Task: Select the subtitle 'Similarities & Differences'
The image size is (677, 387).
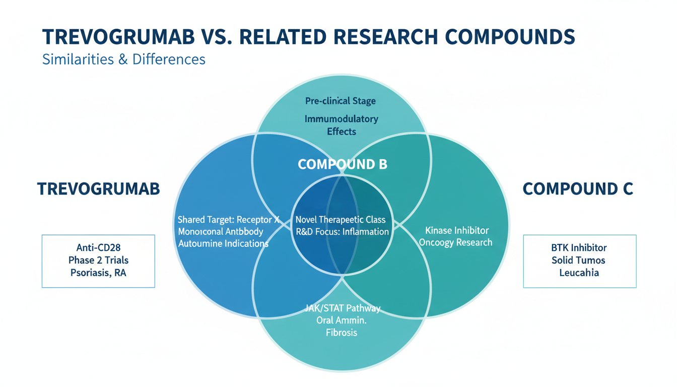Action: click(x=124, y=59)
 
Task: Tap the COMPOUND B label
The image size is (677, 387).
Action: click(x=343, y=164)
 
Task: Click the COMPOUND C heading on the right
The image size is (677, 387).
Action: click(x=578, y=189)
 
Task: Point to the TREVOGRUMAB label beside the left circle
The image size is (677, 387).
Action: click(x=98, y=189)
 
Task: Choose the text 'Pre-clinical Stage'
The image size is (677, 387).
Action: click(x=341, y=101)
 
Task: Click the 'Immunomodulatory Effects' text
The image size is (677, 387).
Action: click(x=342, y=125)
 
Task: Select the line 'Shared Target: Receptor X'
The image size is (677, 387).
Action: click(x=229, y=220)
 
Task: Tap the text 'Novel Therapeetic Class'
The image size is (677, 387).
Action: click(x=341, y=220)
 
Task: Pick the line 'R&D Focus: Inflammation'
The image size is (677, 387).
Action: click(x=342, y=232)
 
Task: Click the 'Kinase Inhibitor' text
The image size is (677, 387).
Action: click(x=457, y=230)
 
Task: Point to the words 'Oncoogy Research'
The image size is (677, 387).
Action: click(x=456, y=242)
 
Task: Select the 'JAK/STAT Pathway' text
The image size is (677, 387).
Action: click(x=342, y=308)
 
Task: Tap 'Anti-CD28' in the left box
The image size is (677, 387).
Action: click(x=98, y=247)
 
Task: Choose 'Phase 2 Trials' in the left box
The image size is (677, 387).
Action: click(x=98, y=260)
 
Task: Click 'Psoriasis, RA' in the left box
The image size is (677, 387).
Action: click(x=98, y=273)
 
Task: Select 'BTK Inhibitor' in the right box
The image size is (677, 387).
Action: click(x=579, y=247)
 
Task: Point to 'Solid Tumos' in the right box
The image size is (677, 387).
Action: click(x=578, y=260)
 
